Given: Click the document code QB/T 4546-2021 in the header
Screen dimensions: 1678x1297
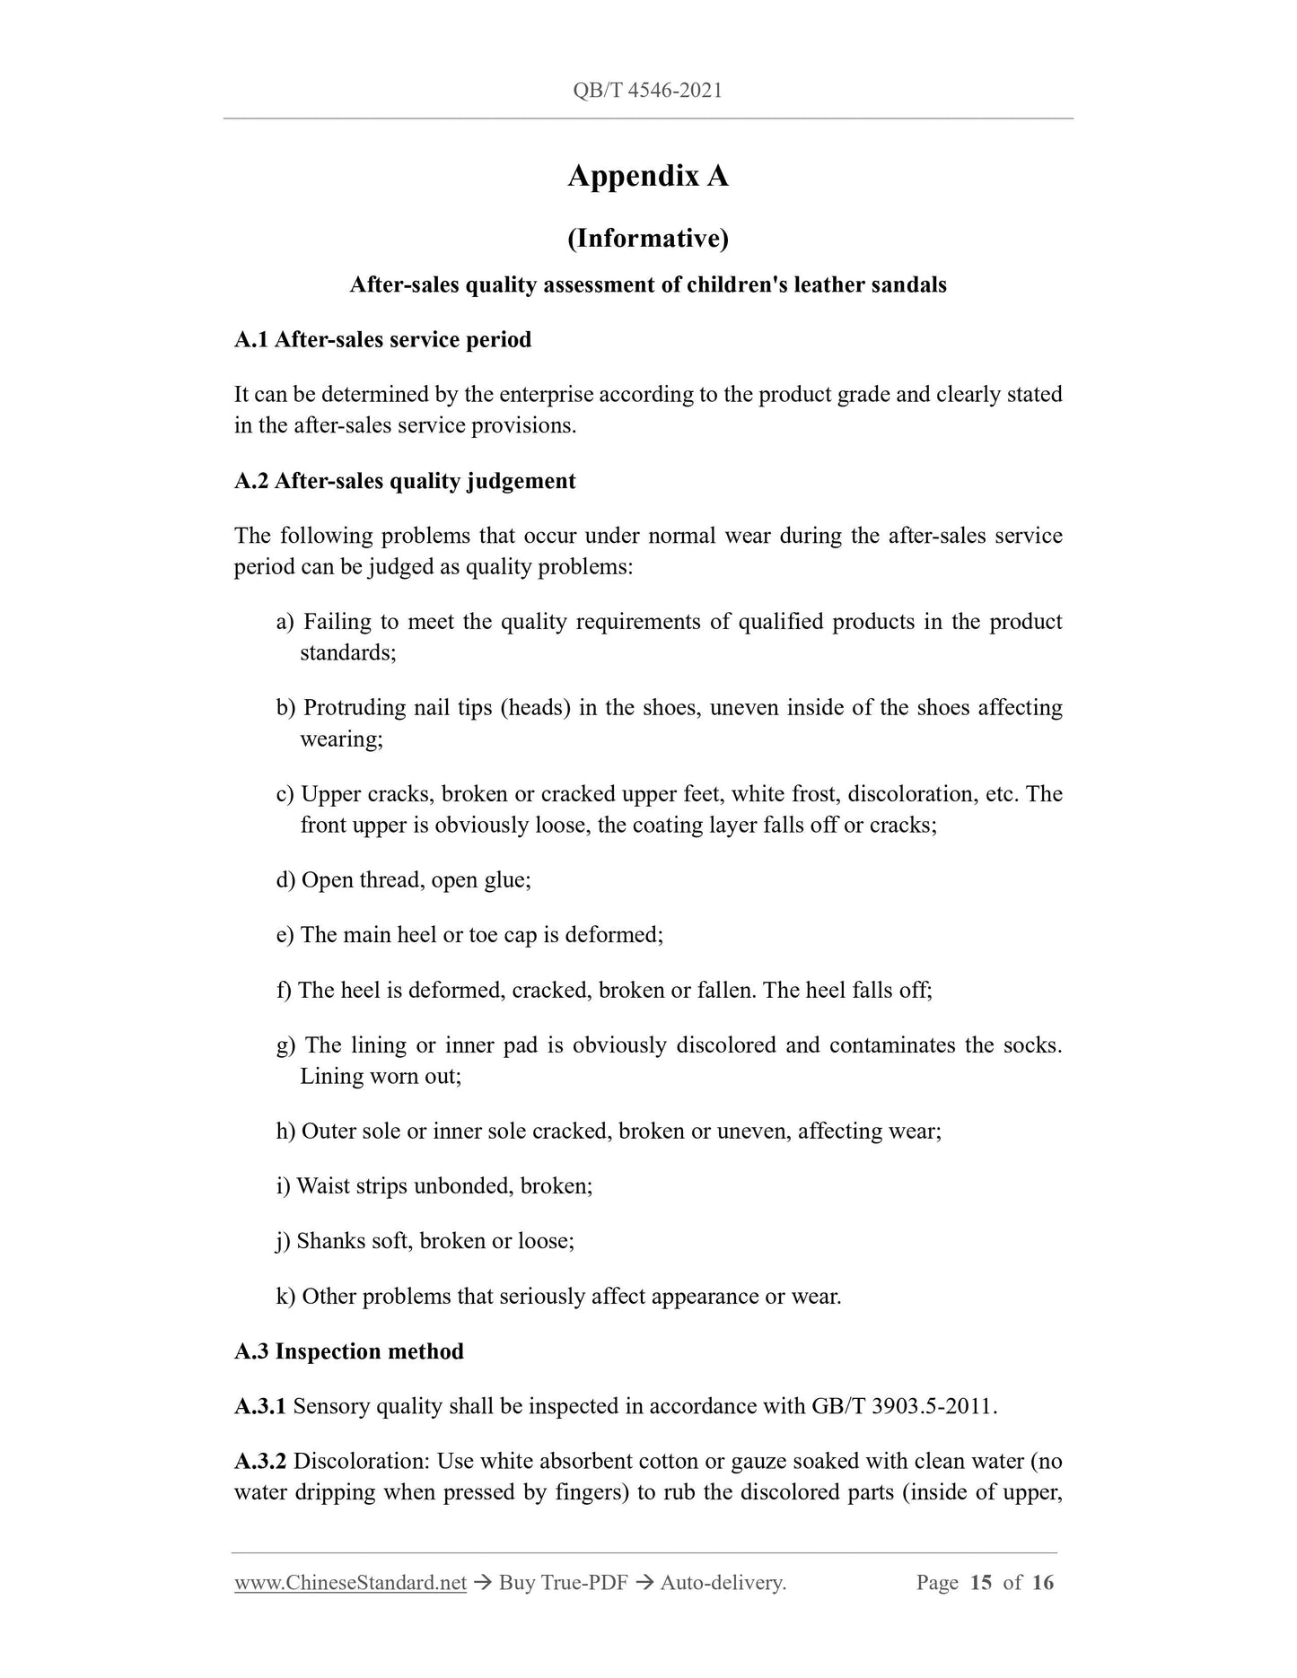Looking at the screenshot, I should [x=647, y=91].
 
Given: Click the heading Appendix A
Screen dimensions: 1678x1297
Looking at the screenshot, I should [x=647, y=176].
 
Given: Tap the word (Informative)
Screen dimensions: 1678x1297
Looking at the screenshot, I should [x=647, y=238].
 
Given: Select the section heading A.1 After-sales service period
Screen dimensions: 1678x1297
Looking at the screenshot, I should [x=382, y=340].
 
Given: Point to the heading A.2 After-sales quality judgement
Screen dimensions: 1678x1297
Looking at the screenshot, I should [x=405, y=481].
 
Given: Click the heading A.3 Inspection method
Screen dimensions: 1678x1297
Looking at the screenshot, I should [x=349, y=1351].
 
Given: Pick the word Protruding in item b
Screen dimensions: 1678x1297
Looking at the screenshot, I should [x=354, y=708].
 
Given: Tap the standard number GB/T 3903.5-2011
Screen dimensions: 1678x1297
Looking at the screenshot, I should [x=902, y=1406].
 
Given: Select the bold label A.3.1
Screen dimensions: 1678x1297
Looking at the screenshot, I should [x=259, y=1406].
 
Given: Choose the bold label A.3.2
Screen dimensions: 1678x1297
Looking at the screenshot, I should [x=259, y=1461].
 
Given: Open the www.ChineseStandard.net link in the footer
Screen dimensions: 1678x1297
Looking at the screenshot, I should [x=350, y=1583].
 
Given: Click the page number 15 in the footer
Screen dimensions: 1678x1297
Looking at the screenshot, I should [x=981, y=1583].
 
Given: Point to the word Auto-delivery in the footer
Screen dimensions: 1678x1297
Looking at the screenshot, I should [x=722, y=1583].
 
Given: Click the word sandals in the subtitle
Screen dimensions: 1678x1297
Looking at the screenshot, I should [x=906, y=285].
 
